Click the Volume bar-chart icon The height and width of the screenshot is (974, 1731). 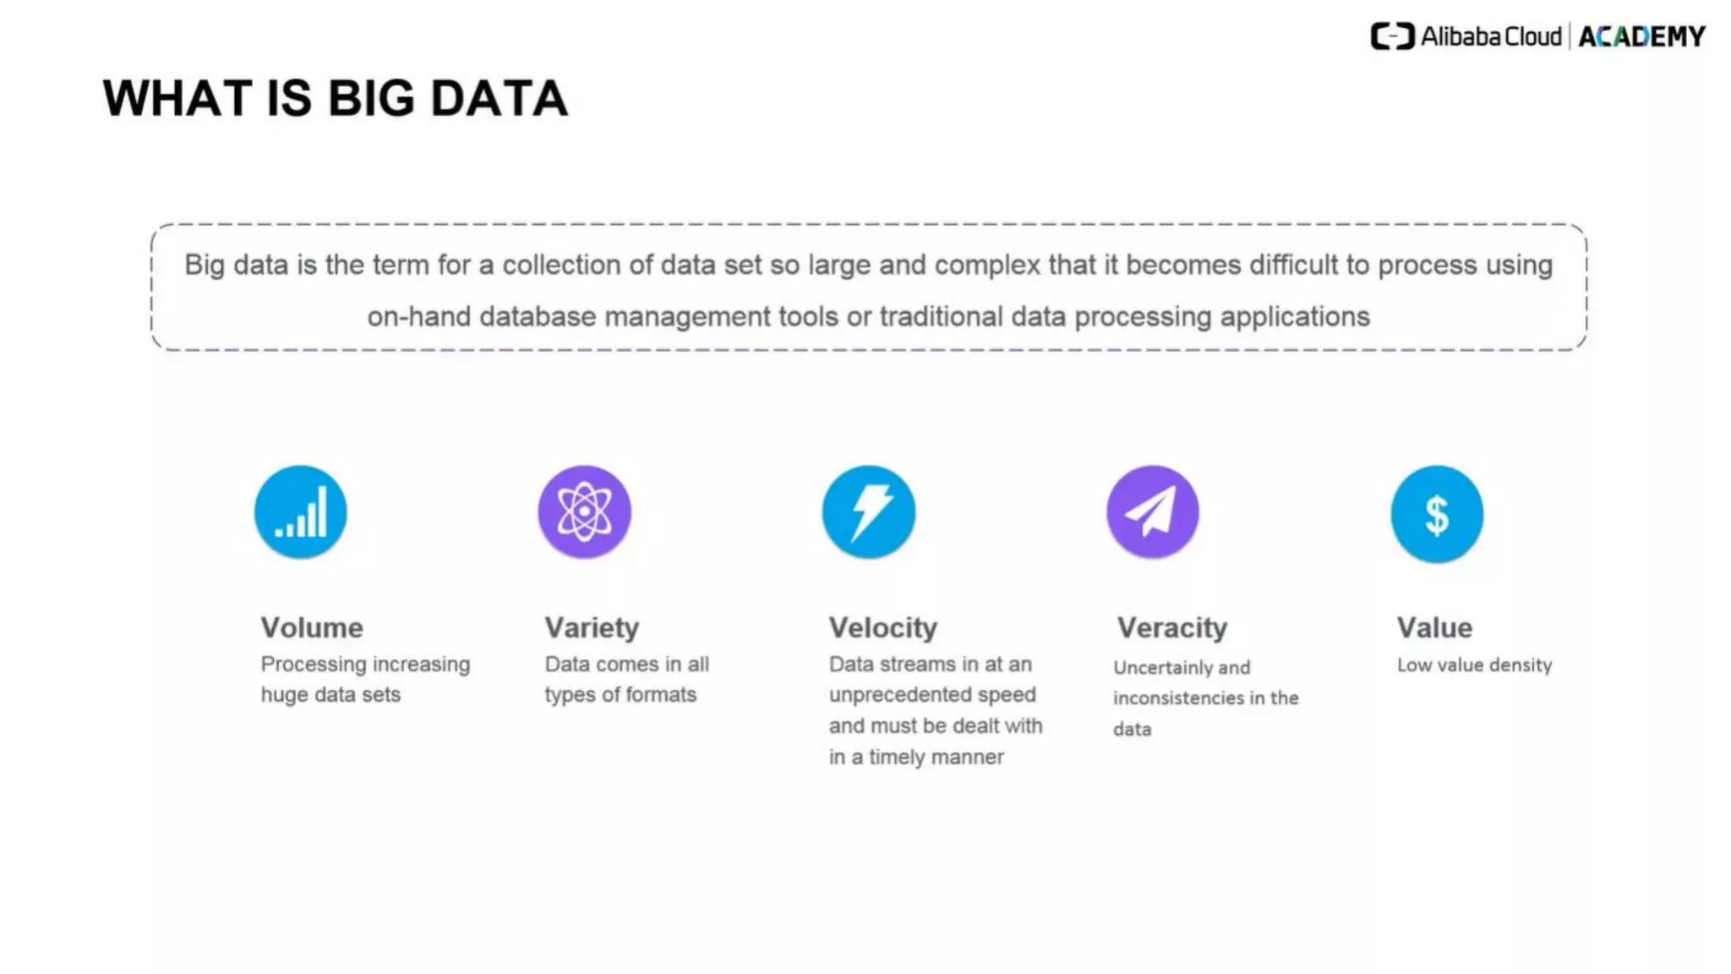(301, 512)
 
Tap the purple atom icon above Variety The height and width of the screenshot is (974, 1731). (584, 512)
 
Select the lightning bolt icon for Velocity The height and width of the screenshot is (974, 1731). (869, 512)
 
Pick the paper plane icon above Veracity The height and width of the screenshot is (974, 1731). (1153, 512)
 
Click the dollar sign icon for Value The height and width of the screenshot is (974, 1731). (1437, 514)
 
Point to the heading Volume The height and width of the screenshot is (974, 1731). (312, 627)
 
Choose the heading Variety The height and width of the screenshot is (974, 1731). (592, 627)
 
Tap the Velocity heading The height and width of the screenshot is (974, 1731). (883, 627)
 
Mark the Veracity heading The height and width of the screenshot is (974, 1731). (1171, 627)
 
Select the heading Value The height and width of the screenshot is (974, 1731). (1434, 627)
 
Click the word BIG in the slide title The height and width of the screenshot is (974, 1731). (371, 98)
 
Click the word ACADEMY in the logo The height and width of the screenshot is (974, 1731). (1642, 37)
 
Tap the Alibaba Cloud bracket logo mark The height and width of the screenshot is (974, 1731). (1392, 36)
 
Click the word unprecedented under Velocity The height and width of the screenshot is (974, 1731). (896, 695)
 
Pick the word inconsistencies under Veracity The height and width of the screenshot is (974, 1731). (1178, 698)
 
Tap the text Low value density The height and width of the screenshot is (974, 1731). (1474, 665)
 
